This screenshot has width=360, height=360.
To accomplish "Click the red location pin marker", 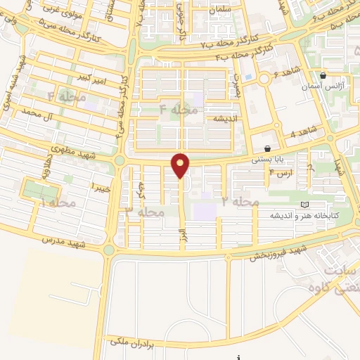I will tap(181, 165).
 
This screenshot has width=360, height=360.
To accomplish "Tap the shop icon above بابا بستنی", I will tap(268, 149).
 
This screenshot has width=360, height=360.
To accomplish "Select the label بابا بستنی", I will tap(265, 160).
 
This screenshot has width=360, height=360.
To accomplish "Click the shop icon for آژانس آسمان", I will tap(323, 76).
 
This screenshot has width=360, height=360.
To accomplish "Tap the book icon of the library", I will tap(304, 205).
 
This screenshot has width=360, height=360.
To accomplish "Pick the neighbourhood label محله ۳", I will tap(144, 210).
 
